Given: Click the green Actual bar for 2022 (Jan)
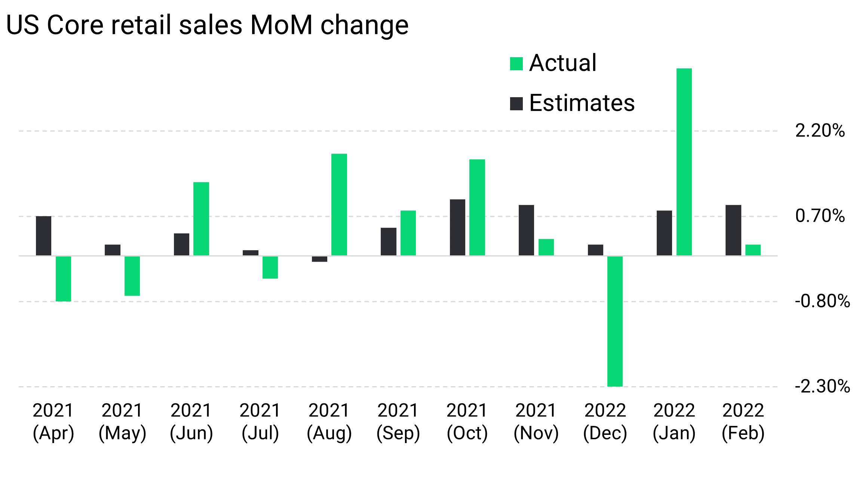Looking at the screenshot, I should [x=684, y=162].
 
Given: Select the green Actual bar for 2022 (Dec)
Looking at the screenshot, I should [x=615, y=321].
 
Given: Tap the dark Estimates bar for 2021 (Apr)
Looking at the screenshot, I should [x=43, y=236].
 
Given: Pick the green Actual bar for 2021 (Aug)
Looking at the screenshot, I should [x=339, y=205].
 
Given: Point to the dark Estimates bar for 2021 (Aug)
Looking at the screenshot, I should [x=319, y=259].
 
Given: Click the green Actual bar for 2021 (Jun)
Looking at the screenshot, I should [x=201, y=219].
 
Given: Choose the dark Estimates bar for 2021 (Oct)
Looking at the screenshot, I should [x=457, y=227].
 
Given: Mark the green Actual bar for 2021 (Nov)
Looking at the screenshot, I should [x=546, y=247].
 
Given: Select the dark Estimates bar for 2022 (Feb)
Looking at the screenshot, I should [x=733, y=230].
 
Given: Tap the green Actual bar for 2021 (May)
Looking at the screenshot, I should [x=132, y=276].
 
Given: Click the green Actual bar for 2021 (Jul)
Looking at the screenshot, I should [x=270, y=267].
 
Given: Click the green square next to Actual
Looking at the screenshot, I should [x=516, y=64].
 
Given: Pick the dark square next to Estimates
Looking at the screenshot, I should [x=516, y=104].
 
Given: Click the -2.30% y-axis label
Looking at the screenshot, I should [x=822, y=386].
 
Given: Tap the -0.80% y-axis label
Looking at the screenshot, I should [x=822, y=301].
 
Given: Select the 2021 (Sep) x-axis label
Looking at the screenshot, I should [x=398, y=422].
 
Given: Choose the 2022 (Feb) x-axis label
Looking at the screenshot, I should [x=743, y=422].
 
